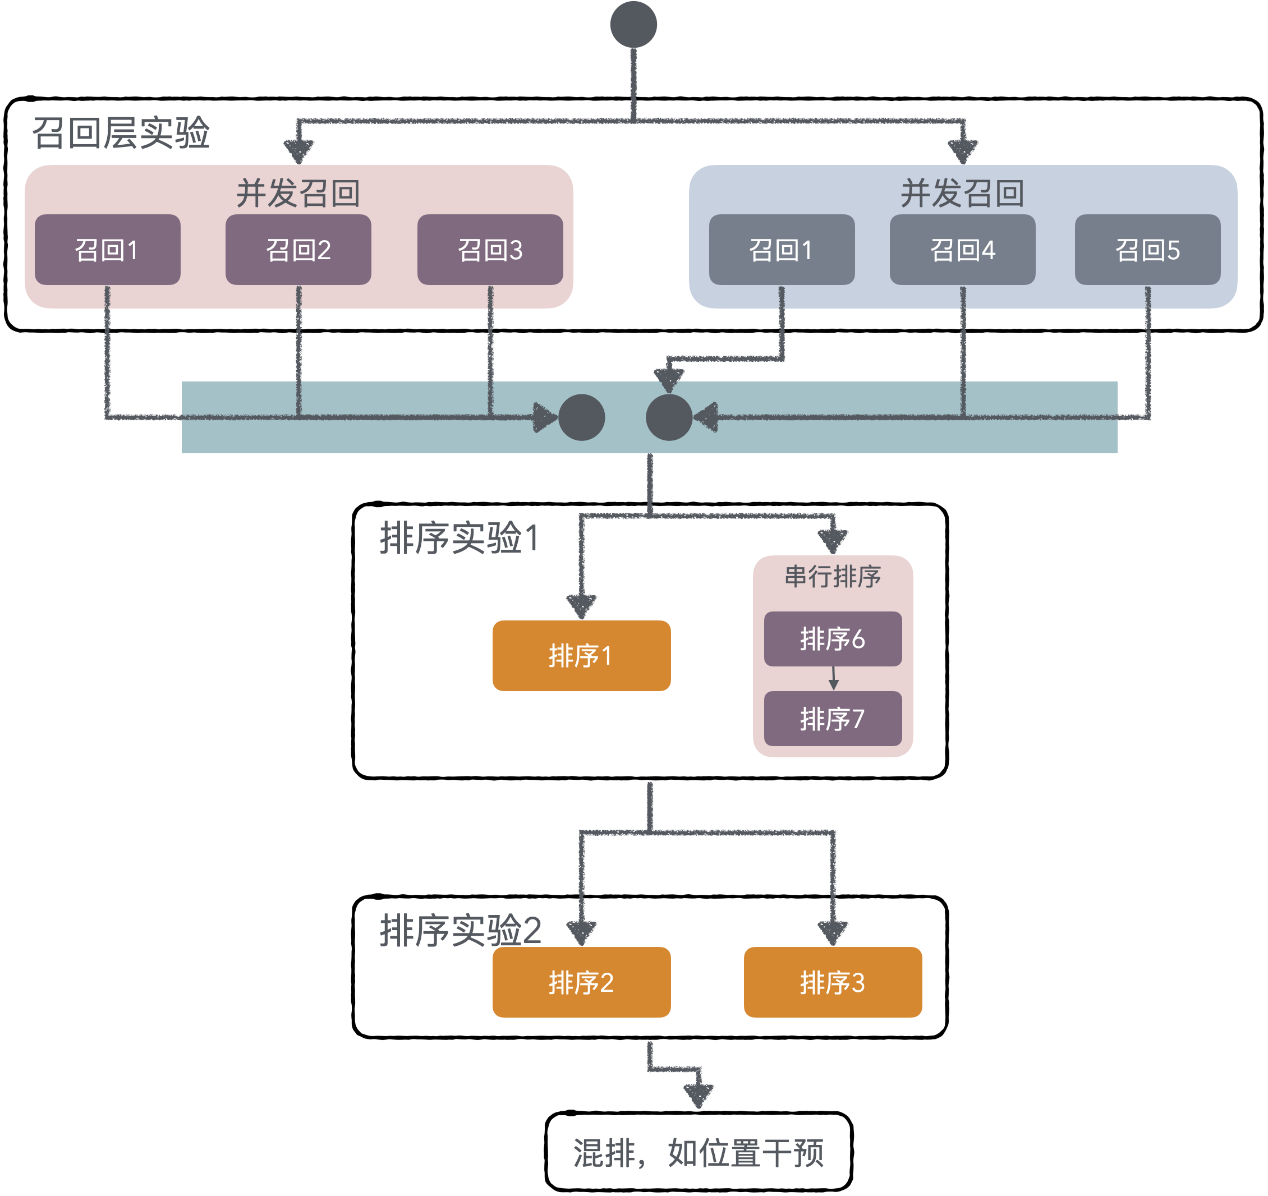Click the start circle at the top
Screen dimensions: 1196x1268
point(633,24)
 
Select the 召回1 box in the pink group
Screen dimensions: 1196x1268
point(107,250)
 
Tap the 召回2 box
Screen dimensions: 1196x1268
point(298,250)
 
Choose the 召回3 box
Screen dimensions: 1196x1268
point(490,250)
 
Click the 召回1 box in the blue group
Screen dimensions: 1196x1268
point(782,250)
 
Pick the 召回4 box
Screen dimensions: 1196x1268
point(962,250)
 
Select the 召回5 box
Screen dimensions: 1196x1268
point(1147,250)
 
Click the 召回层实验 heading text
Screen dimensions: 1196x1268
point(121,133)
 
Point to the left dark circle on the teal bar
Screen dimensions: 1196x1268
point(581,417)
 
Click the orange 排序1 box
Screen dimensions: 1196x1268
point(581,655)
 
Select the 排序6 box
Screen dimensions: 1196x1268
point(833,638)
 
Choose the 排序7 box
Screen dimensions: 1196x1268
point(833,718)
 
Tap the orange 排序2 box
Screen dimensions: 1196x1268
point(581,982)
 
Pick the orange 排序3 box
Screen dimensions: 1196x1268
point(833,982)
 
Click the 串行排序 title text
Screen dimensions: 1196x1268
point(833,577)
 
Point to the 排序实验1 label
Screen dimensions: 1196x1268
point(460,538)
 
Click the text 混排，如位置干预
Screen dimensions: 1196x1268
point(698,1153)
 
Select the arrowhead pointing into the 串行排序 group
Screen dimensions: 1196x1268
point(833,542)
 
